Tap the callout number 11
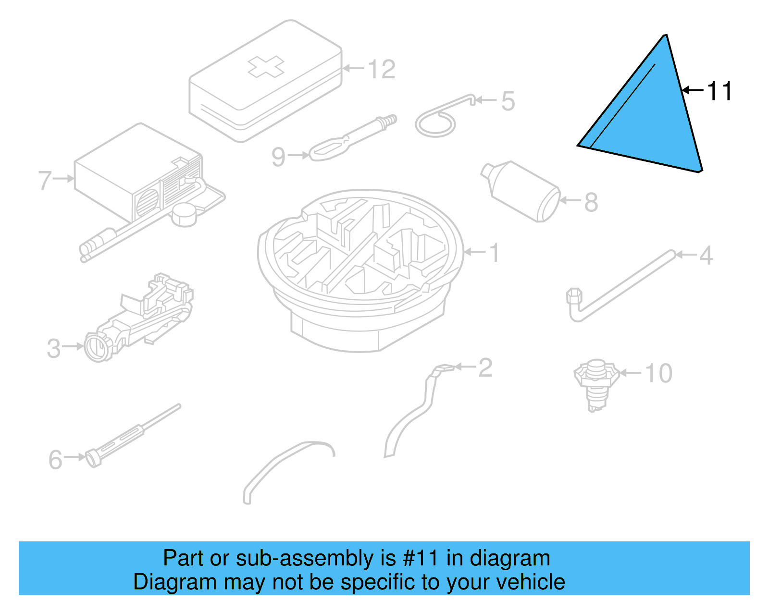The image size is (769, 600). (x=719, y=91)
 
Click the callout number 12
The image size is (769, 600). (x=382, y=69)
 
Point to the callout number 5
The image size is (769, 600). (x=508, y=101)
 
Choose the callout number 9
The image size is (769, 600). (x=278, y=157)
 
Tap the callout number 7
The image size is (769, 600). (x=45, y=180)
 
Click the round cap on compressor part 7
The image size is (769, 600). (x=185, y=214)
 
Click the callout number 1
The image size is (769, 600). (x=494, y=253)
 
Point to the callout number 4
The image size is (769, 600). (x=706, y=256)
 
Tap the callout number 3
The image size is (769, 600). (x=54, y=348)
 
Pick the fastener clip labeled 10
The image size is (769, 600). (x=596, y=382)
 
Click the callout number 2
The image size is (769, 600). (x=485, y=367)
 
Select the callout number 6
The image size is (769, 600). (x=56, y=459)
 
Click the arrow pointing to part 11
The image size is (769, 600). (x=692, y=90)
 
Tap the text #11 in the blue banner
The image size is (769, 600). (x=420, y=558)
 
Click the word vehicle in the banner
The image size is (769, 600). (x=531, y=582)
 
